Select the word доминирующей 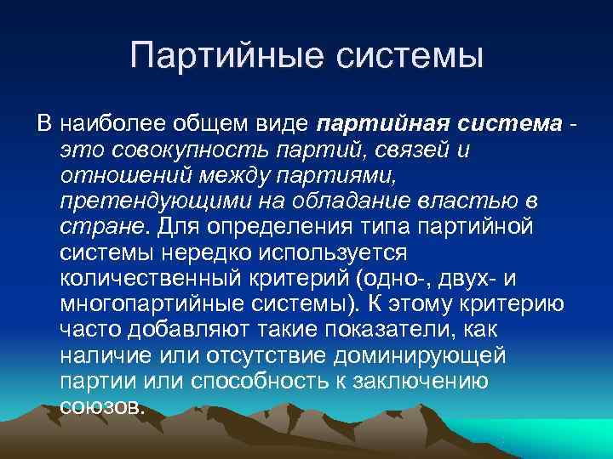tap(426, 356)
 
